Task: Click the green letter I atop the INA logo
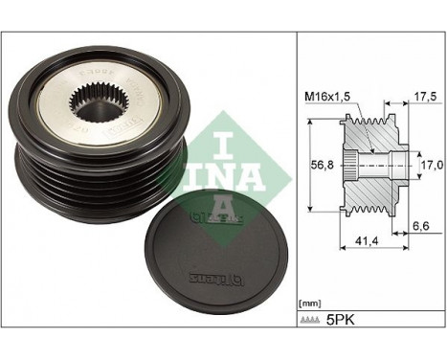point(222,124)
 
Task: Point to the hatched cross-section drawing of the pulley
point(369,163)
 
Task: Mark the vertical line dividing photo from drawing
point(295,180)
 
